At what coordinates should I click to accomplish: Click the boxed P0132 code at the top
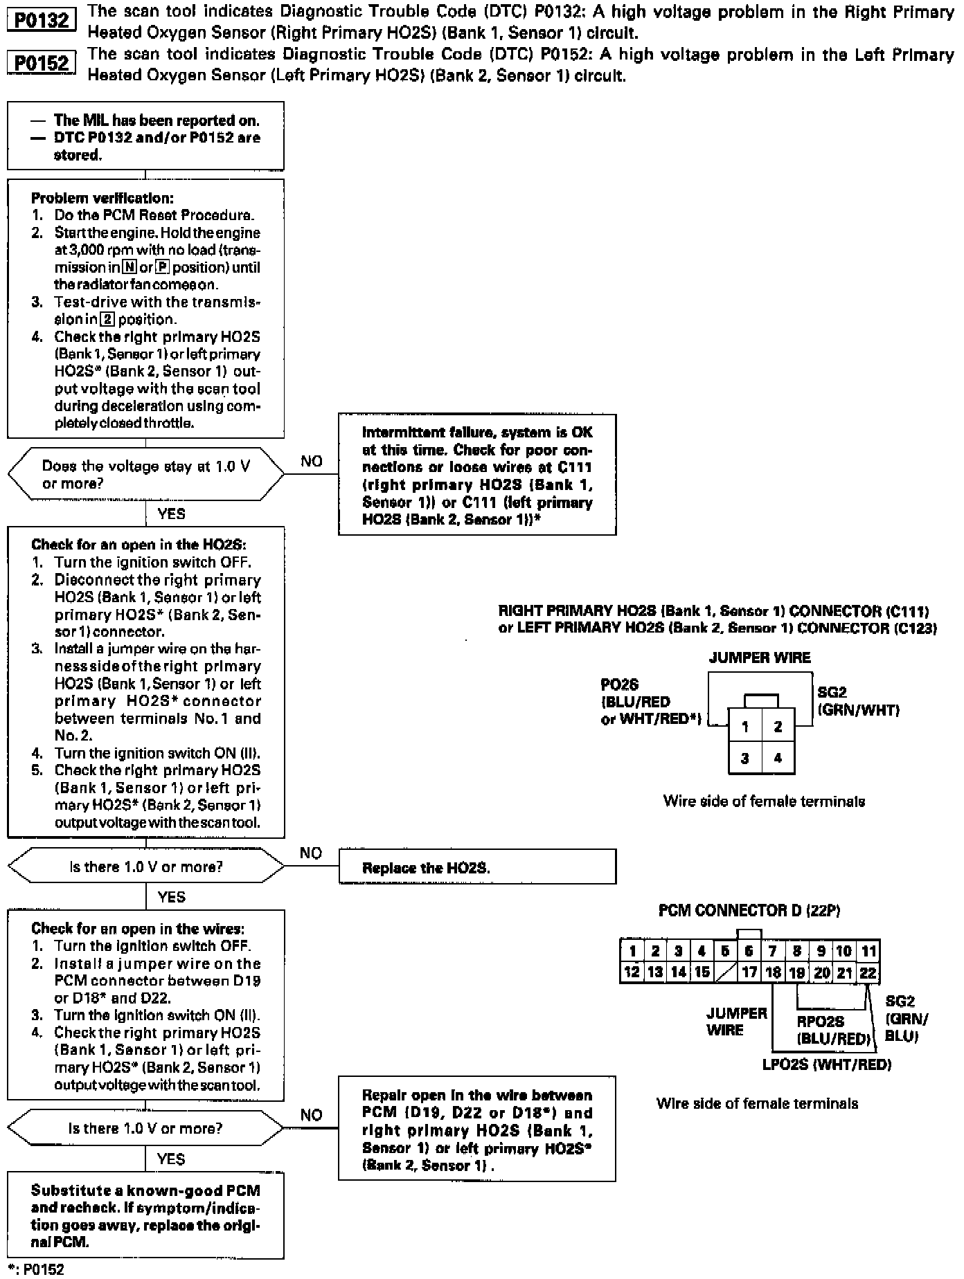tap(42, 20)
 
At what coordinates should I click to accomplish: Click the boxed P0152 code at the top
tap(42, 64)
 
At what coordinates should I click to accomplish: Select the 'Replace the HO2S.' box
tap(476, 867)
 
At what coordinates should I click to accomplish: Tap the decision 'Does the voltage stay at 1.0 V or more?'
tap(145, 474)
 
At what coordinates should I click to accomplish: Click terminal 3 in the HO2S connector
tap(744, 758)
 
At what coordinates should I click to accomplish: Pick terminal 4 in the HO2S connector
tap(778, 758)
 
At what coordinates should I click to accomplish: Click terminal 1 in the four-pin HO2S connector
tap(744, 727)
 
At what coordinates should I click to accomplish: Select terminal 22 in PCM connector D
tap(868, 972)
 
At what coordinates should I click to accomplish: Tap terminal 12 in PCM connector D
tap(632, 972)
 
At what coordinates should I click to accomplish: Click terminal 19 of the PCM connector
tap(797, 972)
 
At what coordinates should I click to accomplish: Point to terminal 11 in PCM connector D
tap(868, 951)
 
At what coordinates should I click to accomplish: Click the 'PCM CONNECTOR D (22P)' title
tap(749, 911)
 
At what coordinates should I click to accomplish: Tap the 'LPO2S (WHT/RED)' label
tap(826, 1064)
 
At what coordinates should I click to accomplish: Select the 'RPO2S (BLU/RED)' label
tap(832, 1030)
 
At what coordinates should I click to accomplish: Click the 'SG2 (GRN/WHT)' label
tap(858, 701)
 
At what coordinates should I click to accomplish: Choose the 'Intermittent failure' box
tap(476, 475)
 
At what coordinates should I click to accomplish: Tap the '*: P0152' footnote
tap(35, 1269)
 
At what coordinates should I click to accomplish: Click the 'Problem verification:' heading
tap(102, 198)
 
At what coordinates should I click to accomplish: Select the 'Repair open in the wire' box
tap(476, 1130)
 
